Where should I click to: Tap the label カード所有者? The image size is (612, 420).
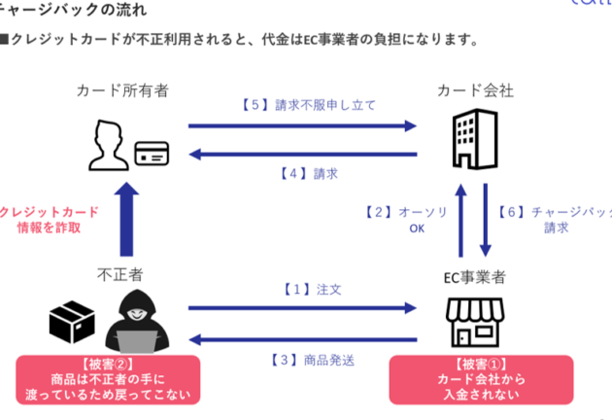click(x=122, y=90)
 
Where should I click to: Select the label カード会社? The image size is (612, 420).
click(x=475, y=90)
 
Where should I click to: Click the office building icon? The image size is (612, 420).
click(x=475, y=139)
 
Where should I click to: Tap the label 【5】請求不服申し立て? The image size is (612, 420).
click(x=301, y=105)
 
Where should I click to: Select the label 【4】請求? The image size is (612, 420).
click(x=301, y=174)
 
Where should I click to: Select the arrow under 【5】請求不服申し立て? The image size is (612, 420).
click(x=301, y=124)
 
